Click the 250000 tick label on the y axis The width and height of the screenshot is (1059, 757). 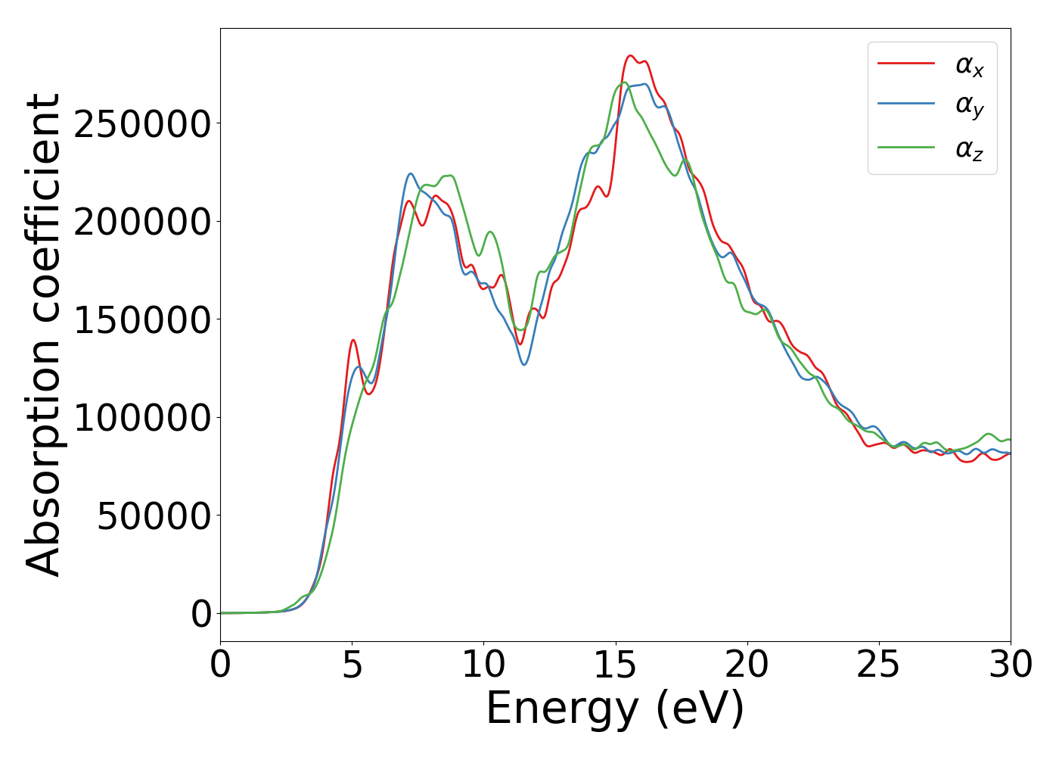142,124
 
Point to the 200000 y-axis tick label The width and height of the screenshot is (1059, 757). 142,222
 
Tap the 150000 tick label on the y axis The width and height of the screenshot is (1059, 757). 142,320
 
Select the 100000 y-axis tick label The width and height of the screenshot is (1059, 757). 142,418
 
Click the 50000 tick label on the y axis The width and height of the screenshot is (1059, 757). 154,516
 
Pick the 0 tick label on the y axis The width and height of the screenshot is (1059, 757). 201,614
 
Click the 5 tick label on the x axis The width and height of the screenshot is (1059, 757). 352,665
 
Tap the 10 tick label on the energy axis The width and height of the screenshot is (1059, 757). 484,665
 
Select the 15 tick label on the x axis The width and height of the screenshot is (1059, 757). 616,665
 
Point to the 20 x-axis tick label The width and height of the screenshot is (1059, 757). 747,665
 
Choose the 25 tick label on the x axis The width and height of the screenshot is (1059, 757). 879,665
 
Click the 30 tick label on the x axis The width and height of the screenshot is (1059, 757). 1011,665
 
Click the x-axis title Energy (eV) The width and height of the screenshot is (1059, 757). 615,709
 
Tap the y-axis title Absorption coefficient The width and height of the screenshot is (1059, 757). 43,335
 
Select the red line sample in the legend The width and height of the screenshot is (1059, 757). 906,64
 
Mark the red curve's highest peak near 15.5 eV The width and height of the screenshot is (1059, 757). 629,55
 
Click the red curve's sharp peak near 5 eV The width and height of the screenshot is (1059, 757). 352,340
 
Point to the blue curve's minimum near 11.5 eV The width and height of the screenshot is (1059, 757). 523,365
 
